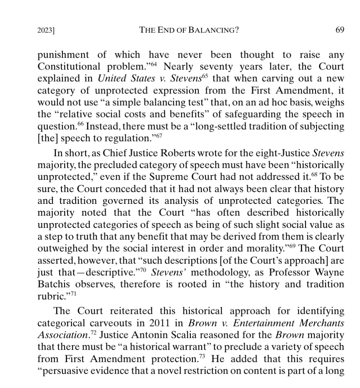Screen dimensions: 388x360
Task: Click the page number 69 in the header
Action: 340,30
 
